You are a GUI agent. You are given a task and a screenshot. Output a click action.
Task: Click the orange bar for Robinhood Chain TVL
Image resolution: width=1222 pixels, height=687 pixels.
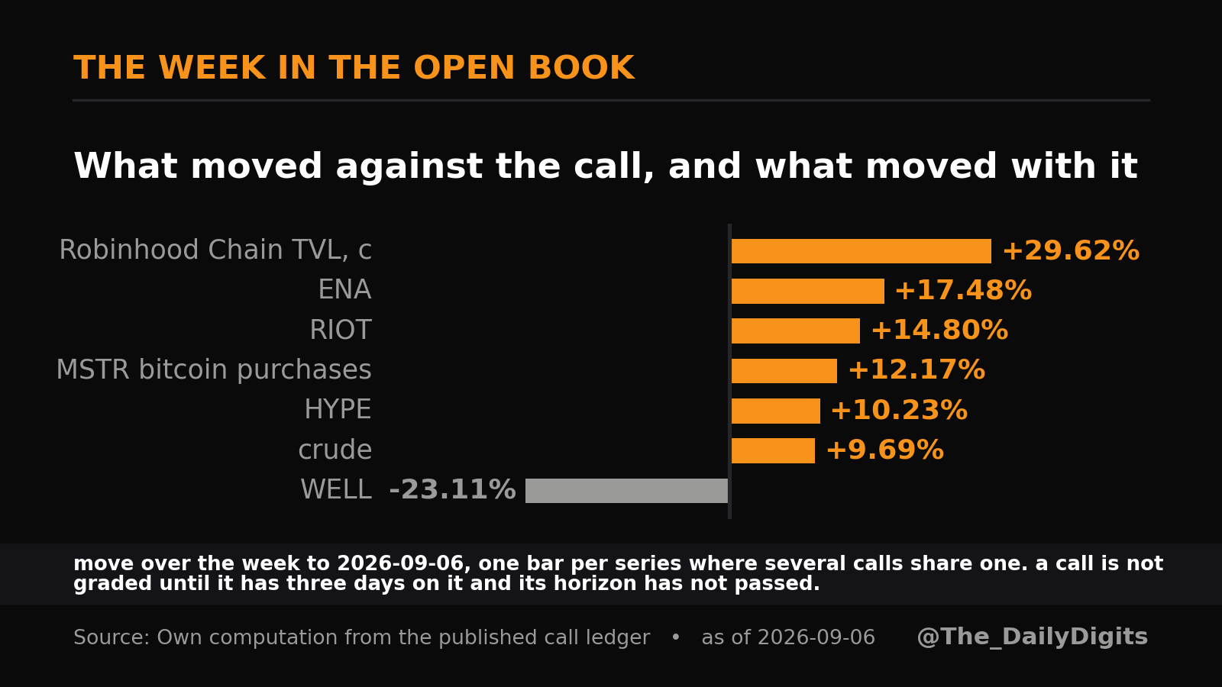pyautogui.click(x=861, y=251)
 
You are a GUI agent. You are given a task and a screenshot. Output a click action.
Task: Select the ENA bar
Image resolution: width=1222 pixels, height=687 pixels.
pyautogui.click(x=807, y=291)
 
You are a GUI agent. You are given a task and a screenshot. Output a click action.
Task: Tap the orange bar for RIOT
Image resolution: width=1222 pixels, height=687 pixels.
pyautogui.click(x=795, y=331)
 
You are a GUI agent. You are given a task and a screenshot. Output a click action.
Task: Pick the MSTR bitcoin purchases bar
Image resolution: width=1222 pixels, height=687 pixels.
pyautogui.click(x=784, y=371)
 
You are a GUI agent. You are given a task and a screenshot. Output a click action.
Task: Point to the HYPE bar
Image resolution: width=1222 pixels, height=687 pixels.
pyautogui.click(x=775, y=411)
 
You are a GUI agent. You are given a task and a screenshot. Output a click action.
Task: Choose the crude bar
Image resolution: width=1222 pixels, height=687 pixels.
pyautogui.click(x=773, y=450)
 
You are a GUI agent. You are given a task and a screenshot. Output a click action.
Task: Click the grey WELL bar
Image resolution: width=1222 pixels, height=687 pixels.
pyautogui.click(x=626, y=490)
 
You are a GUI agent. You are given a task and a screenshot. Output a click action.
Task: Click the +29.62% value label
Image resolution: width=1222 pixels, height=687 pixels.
pyautogui.click(x=1071, y=251)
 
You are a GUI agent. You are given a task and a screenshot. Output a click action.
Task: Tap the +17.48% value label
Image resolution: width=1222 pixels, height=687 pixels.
pyautogui.click(x=963, y=290)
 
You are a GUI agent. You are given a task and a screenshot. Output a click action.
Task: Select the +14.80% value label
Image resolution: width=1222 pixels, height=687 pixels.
pyautogui.click(x=939, y=331)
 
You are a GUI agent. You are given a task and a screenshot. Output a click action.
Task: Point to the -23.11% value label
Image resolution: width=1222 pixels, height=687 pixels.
pyautogui.click(x=452, y=489)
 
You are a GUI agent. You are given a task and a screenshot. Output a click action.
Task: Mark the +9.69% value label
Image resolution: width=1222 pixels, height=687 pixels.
pyautogui.click(x=885, y=450)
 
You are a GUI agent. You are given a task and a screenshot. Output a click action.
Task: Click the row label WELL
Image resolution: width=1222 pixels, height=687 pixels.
pyautogui.click(x=336, y=489)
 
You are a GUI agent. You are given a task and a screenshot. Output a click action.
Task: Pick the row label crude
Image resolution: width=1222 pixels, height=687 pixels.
pyautogui.click(x=335, y=450)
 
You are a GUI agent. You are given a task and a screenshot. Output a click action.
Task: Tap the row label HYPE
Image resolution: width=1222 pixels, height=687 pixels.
pyautogui.click(x=338, y=409)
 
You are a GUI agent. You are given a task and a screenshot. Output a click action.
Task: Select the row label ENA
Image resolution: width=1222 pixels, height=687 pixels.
pyautogui.click(x=344, y=289)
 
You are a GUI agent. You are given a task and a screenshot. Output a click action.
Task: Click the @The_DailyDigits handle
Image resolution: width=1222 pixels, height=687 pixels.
pyautogui.click(x=1032, y=637)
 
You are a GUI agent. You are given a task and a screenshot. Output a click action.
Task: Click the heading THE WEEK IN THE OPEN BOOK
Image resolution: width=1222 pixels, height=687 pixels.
pyautogui.click(x=354, y=68)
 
